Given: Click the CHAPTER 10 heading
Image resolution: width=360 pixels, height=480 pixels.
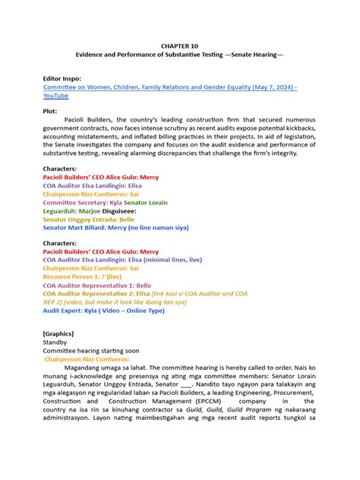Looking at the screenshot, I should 179,46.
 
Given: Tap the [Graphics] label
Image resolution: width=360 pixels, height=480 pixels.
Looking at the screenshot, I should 62,333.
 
